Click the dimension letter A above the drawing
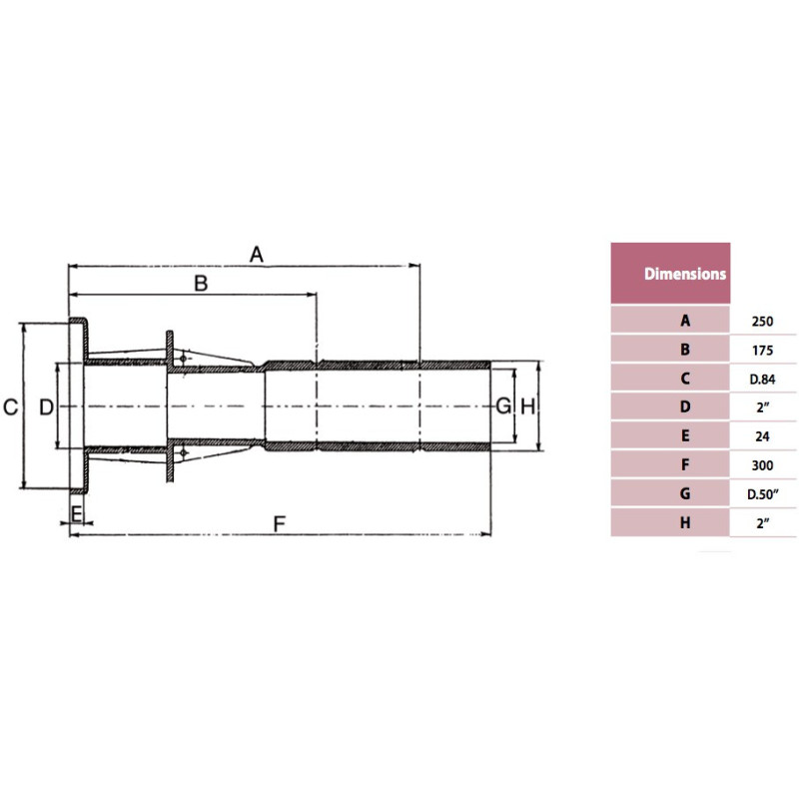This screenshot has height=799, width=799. pos(257,255)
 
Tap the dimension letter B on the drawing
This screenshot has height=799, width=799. pos(202,284)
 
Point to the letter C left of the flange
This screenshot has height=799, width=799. pos(11,407)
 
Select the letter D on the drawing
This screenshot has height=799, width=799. pos(46,407)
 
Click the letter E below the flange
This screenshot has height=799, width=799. pos(77,514)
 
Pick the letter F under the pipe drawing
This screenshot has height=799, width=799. pos(280,523)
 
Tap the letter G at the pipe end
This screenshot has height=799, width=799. pos(503,406)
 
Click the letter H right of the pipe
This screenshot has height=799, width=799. pos(528,406)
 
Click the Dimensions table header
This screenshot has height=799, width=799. pos(685,274)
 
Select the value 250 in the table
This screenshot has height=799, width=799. pos(762,322)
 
